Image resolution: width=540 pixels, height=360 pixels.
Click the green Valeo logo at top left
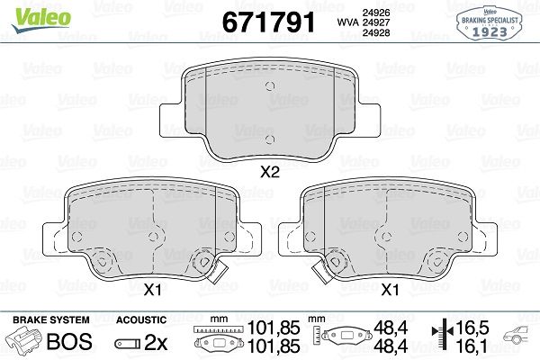tap(41, 20)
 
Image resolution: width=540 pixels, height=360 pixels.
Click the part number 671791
tap(268, 22)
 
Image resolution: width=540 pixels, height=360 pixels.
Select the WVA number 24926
tap(375, 13)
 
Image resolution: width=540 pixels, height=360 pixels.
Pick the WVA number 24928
tap(375, 32)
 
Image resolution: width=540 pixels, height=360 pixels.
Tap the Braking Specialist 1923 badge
tap(490, 23)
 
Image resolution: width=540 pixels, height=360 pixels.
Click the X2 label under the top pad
tap(270, 172)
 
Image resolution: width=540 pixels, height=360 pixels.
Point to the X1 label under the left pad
tap(152, 291)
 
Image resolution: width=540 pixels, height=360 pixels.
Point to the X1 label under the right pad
tap(390, 290)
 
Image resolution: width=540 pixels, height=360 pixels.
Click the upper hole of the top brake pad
tap(270, 86)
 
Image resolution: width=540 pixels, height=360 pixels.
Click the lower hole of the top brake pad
tap(270, 139)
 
